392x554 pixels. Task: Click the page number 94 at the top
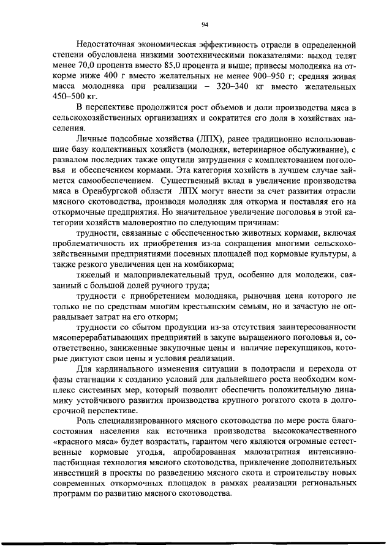click(x=205, y=24)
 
